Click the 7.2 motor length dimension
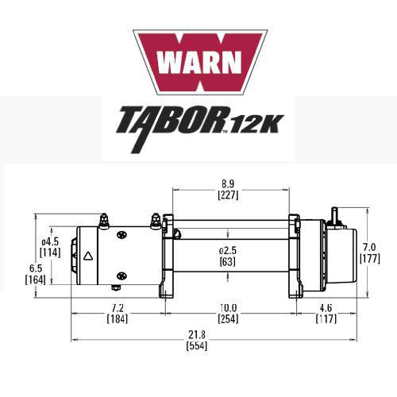tap(117, 307)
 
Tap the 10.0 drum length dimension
tap(227, 307)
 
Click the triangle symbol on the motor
tap(89, 256)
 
